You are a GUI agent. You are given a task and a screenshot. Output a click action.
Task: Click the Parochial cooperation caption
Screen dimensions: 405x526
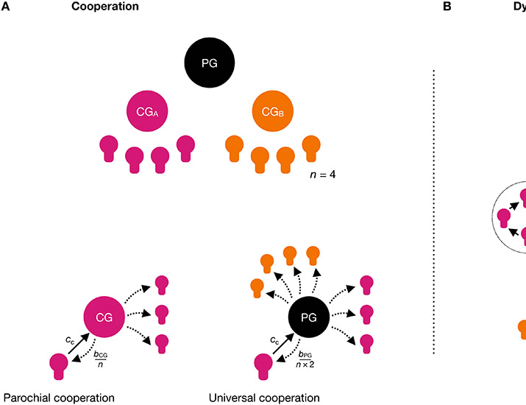[x=59, y=398]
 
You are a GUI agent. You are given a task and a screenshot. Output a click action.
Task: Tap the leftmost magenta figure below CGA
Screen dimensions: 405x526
[x=109, y=147]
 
